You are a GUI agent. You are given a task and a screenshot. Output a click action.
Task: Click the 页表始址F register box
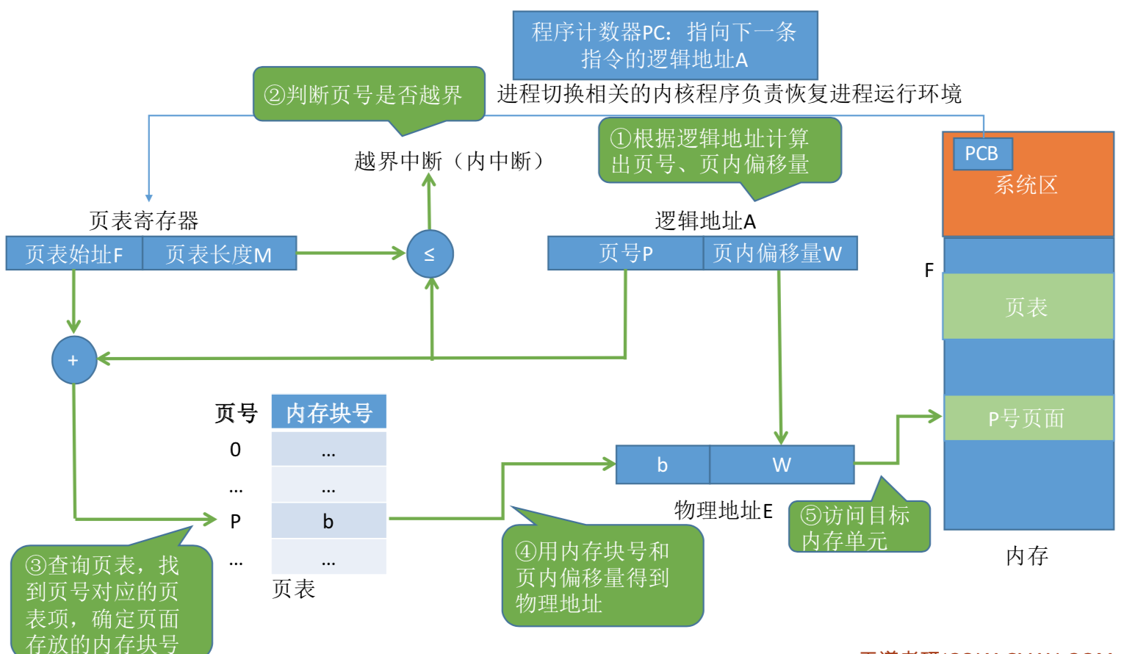click(74, 254)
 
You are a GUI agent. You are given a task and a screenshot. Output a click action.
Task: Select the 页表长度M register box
click(219, 254)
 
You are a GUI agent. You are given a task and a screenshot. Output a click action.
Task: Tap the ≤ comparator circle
click(430, 254)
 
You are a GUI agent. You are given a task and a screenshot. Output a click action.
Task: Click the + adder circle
click(73, 360)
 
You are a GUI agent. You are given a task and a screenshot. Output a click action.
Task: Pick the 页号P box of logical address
click(625, 254)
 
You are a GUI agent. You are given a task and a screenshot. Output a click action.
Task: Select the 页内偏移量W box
click(779, 254)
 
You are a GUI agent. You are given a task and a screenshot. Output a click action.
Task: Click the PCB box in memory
click(982, 154)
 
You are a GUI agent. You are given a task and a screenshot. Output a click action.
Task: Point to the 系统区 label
click(1026, 185)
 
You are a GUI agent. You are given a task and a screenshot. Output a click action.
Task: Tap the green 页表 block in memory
click(1027, 306)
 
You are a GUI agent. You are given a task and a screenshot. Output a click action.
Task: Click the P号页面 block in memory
click(1027, 418)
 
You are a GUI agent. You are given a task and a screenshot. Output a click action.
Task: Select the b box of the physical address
click(662, 464)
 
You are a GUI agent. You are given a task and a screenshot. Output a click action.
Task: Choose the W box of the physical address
click(781, 464)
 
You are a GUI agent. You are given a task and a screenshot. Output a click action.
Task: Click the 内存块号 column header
click(328, 412)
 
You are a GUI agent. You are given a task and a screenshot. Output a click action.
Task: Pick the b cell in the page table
click(328, 521)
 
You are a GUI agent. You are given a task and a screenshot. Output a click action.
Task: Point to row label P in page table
click(235, 521)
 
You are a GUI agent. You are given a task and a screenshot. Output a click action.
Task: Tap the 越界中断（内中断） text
click(450, 161)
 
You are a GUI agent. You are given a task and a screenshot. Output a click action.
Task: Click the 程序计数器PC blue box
click(665, 45)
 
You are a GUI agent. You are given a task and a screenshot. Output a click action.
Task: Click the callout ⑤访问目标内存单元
click(858, 527)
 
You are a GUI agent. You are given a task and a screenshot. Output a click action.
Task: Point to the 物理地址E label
click(723, 511)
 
